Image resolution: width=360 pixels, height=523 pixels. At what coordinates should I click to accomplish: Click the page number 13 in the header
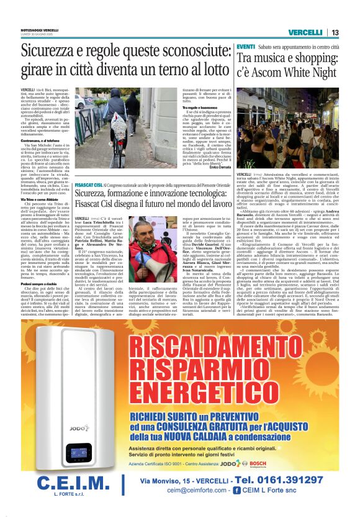(x=335, y=32)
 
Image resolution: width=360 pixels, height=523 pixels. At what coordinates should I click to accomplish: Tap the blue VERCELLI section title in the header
(x=305, y=32)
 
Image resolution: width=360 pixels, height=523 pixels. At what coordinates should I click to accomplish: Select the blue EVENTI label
(x=245, y=47)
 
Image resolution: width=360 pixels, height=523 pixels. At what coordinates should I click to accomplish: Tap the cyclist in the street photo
(x=116, y=109)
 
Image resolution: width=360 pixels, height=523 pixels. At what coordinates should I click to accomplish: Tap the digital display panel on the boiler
(x=79, y=453)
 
